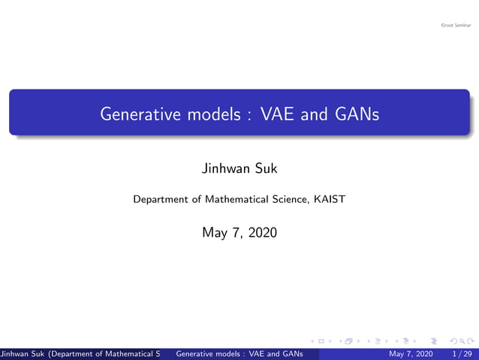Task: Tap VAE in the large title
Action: tap(278, 115)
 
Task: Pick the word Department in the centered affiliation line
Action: tap(159, 200)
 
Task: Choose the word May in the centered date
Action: tap(213, 233)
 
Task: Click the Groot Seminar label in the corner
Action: tap(456, 26)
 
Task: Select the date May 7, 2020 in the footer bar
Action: tap(410, 353)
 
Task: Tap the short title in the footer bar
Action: tap(238, 353)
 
